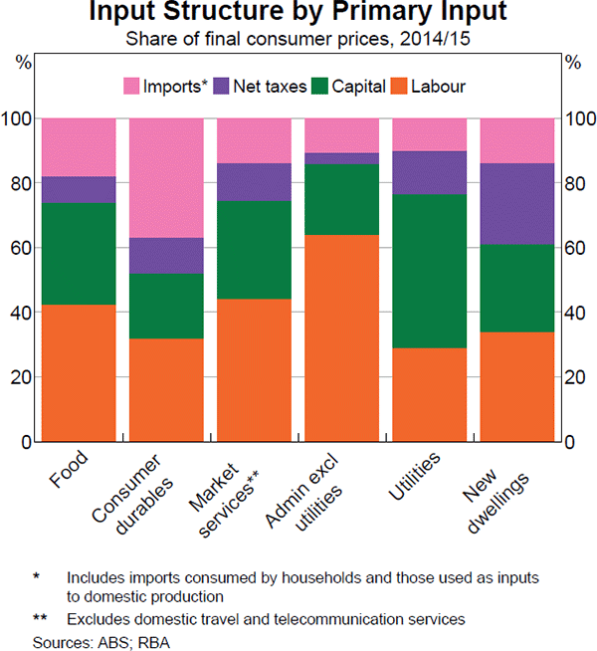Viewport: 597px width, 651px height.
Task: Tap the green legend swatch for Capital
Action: click(318, 87)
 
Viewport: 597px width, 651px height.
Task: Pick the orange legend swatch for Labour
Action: click(404, 87)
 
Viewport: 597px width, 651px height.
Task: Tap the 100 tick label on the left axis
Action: click(20, 119)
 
